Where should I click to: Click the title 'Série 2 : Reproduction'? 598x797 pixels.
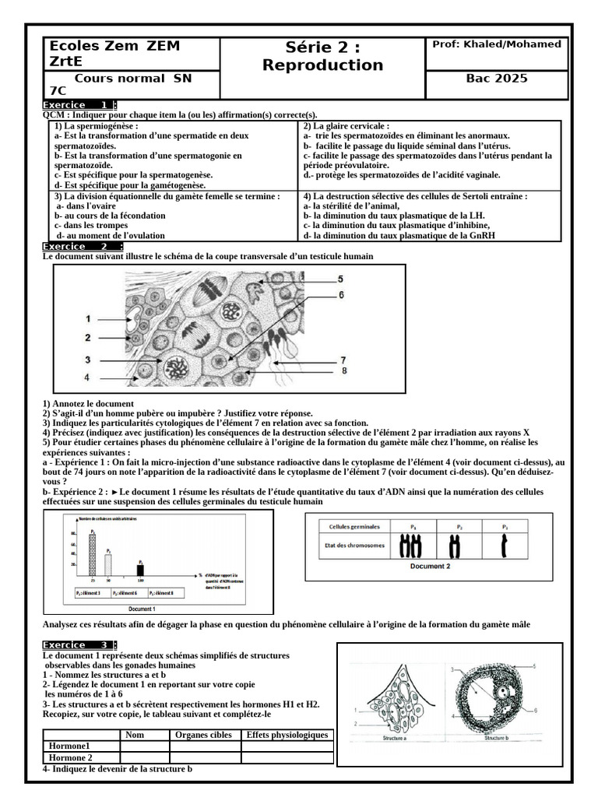pyautogui.click(x=322, y=56)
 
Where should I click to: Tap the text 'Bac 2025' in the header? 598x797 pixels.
pyautogui.click(x=496, y=79)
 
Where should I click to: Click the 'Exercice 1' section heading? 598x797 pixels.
pyautogui.click(x=79, y=104)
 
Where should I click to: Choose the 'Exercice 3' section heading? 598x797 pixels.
pyautogui.click(x=79, y=645)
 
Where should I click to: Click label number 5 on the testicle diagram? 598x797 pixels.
pyautogui.click(x=339, y=279)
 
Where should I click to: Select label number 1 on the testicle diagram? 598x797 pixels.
pyautogui.click(x=88, y=318)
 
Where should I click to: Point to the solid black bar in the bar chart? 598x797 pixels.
pyautogui.click(x=140, y=570)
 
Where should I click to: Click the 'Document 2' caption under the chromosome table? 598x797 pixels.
pyautogui.click(x=430, y=566)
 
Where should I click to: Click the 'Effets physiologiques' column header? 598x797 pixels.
pyautogui.click(x=287, y=735)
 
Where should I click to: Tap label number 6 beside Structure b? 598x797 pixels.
pyautogui.click(x=536, y=710)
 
